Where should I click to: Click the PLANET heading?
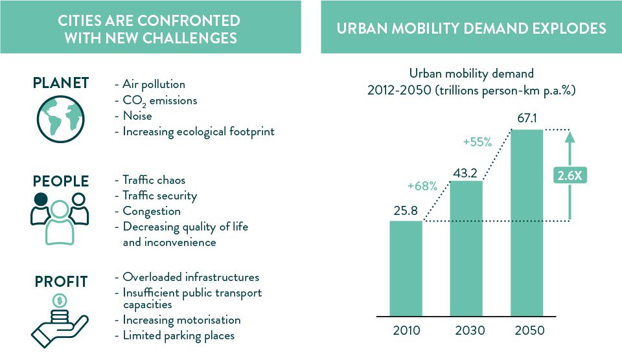pos(60,84)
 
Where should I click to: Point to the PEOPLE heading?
pos(60,180)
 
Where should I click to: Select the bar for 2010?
pos(406,268)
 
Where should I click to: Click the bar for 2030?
pos(466,248)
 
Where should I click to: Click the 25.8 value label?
pos(406,210)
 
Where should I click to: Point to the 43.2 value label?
pos(466,171)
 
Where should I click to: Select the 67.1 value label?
pos(527,119)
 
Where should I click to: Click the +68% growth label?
pos(422,186)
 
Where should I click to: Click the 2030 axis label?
pos(466,330)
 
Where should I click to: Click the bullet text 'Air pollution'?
pos(154,84)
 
